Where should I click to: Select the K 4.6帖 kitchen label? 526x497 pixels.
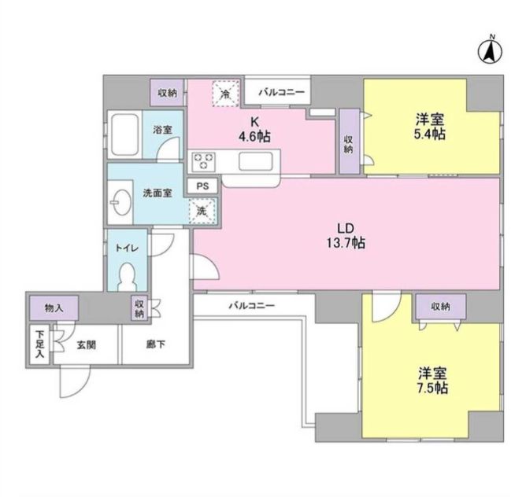[x=255, y=128]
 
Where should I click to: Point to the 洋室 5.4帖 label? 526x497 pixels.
[x=430, y=127]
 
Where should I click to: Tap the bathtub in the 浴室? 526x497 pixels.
[x=125, y=137]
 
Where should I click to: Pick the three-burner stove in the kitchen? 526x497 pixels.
[x=205, y=160]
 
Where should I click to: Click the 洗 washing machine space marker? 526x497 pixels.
[x=202, y=210]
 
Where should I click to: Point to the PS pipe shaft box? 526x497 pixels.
[x=202, y=186]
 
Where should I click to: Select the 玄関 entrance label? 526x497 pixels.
[x=86, y=344]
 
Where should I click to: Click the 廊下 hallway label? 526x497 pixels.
[x=154, y=344]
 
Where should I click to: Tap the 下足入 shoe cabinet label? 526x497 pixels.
[x=39, y=344]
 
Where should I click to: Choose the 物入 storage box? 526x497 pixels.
[x=54, y=307]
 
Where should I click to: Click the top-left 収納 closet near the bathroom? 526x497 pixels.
[x=167, y=93]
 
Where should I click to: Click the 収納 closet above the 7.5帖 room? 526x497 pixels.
[x=440, y=306]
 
